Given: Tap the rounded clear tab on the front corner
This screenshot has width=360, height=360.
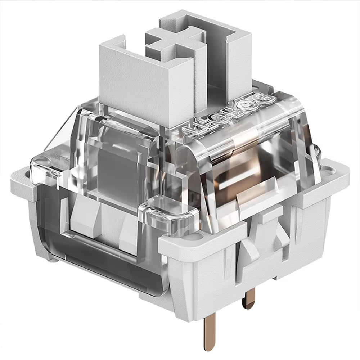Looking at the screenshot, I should [169, 212].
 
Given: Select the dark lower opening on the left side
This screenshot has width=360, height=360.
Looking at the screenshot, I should [94, 259].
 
